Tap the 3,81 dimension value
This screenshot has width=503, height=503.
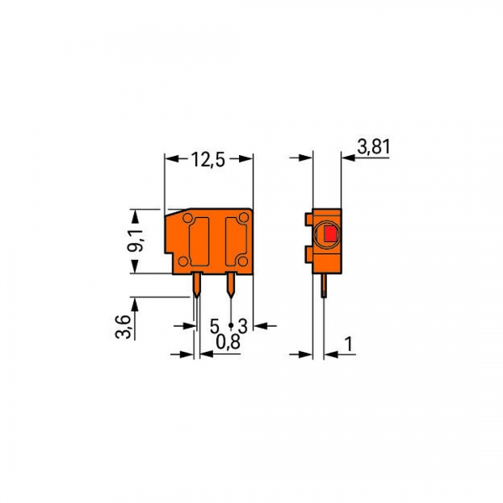point(374,148)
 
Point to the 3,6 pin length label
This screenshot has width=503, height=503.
point(122,324)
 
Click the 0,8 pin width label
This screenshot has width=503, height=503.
point(226,342)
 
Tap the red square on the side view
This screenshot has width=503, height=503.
point(330,235)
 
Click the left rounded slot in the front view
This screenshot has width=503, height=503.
point(199,241)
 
